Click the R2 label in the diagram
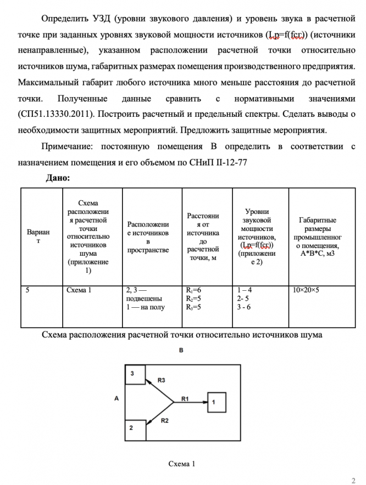click(165, 421)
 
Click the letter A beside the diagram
click(117, 399)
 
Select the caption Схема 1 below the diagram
click(182, 464)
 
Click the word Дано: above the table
click(57, 178)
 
